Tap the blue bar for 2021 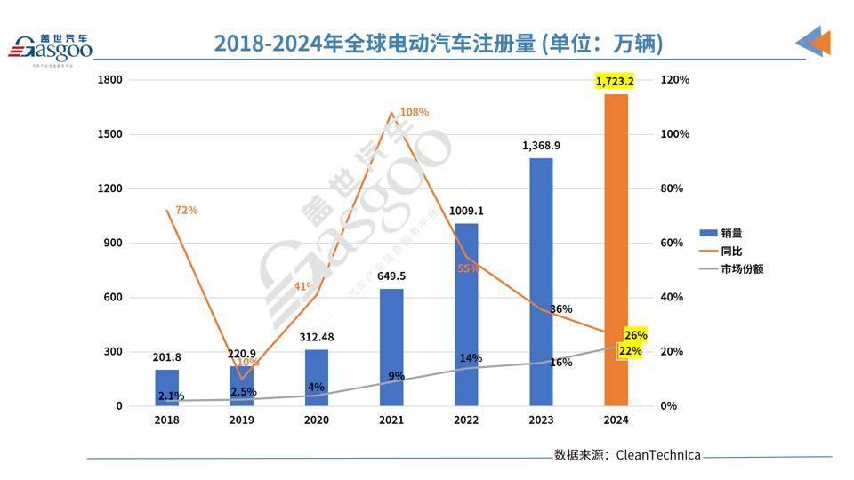click(x=391, y=347)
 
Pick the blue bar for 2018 click(x=166, y=388)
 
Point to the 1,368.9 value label click(x=541, y=146)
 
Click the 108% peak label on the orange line click(x=414, y=112)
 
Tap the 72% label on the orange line click(x=186, y=211)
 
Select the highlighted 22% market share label click(x=631, y=351)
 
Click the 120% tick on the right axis click(x=674, y=80)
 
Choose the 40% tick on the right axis click(x=672, y=298)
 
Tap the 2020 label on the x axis click(x=316, y=420)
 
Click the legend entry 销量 click(x=730, y=233)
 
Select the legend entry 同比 click(x=730, y=251)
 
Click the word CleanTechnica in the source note click(x=658, y=455)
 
